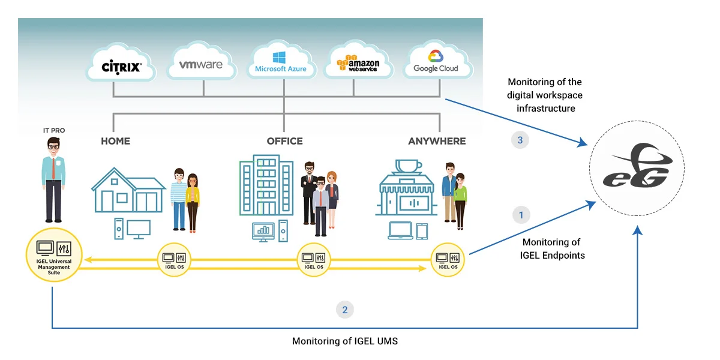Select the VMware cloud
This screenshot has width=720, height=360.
coord(201,61)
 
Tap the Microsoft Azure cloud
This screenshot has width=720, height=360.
coord(281,61)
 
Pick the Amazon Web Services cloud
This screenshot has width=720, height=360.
coord(358,61)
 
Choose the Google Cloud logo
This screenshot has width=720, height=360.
coord(437,61)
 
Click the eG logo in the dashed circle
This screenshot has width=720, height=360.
coord(638,166)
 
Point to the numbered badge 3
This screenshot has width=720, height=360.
coord(520,140)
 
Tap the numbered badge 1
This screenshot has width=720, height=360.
coord(521,215)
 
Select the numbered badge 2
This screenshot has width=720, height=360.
coord(344,310)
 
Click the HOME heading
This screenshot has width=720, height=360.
coord(115,141)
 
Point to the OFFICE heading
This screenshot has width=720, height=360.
coord(285,141)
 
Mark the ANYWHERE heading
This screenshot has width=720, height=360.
coord(437,141)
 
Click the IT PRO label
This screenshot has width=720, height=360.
coord(54,130)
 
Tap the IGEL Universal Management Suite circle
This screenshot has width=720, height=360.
coord(54,255)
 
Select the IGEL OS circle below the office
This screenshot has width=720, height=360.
coord(314,260)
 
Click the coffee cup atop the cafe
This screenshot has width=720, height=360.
coord(408,166)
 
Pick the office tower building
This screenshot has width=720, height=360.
coord(266,185)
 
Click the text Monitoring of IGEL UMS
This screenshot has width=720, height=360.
coord(344,341)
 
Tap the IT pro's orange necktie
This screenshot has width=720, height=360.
coord(53,168)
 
